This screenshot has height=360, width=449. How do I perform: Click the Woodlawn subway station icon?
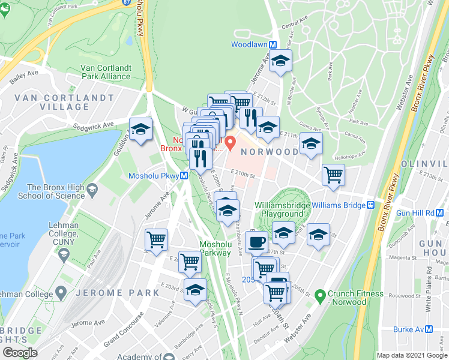pyautogui.click(x=273, y=44)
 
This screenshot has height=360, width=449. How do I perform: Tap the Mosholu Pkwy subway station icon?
pyautogui.click(x=185, y=176)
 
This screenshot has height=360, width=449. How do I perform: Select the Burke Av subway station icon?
pyautogui.click(x=429, y=329)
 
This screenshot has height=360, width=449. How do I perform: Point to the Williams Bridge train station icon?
pyautogui.click(x=371, y=205)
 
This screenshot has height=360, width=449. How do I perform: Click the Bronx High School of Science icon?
pyautogui.click(x=92, y=191)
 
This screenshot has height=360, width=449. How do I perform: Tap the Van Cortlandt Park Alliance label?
pyautogui.click(x=106, y=72)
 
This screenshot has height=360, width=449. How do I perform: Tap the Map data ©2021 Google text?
pyautogui.click(x=412, y=355)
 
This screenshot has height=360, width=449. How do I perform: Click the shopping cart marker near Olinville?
pyautogui.click(x=333, y=175)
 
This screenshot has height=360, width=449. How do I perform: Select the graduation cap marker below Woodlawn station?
pyautogui.click(x=280, y=61)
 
